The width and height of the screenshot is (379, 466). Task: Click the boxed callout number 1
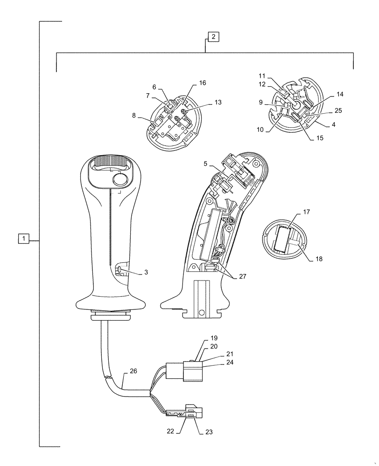24,239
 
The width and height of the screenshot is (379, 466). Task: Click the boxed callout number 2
212,36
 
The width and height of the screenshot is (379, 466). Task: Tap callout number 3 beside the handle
146,272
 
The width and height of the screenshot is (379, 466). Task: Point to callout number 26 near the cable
133,372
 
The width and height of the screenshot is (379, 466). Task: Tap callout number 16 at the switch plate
202,82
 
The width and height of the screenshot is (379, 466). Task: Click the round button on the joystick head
120,180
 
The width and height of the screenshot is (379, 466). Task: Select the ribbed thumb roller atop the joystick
111,163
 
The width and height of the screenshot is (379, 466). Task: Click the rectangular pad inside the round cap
283,239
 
